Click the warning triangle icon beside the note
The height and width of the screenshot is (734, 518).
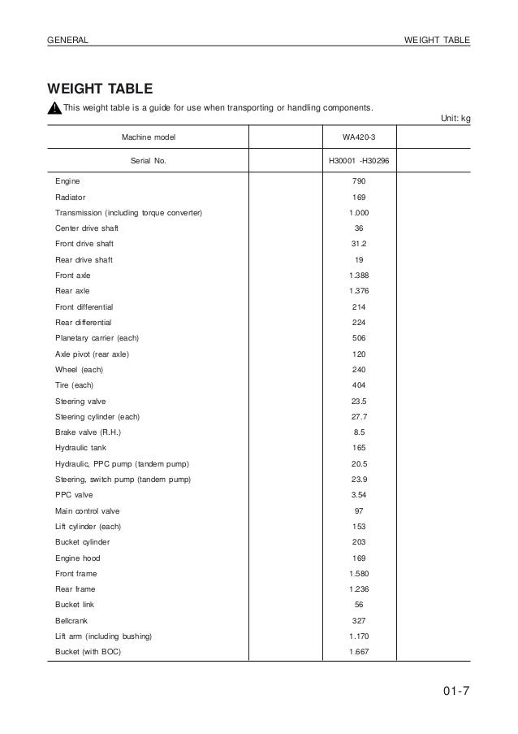click(x=54, y=109)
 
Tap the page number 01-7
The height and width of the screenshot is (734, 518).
click(x=455, y=693)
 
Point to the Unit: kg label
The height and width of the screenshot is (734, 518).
click(x=455, y=119)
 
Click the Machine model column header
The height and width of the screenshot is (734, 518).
click(x=149, y=137)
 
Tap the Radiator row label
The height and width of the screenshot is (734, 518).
click(x=71, y=198)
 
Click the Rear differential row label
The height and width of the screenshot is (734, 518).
click(x=84, y=323)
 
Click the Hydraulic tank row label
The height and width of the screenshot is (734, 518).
click(x=80, y=448)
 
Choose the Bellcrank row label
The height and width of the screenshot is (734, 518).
click(x=72, y=619)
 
